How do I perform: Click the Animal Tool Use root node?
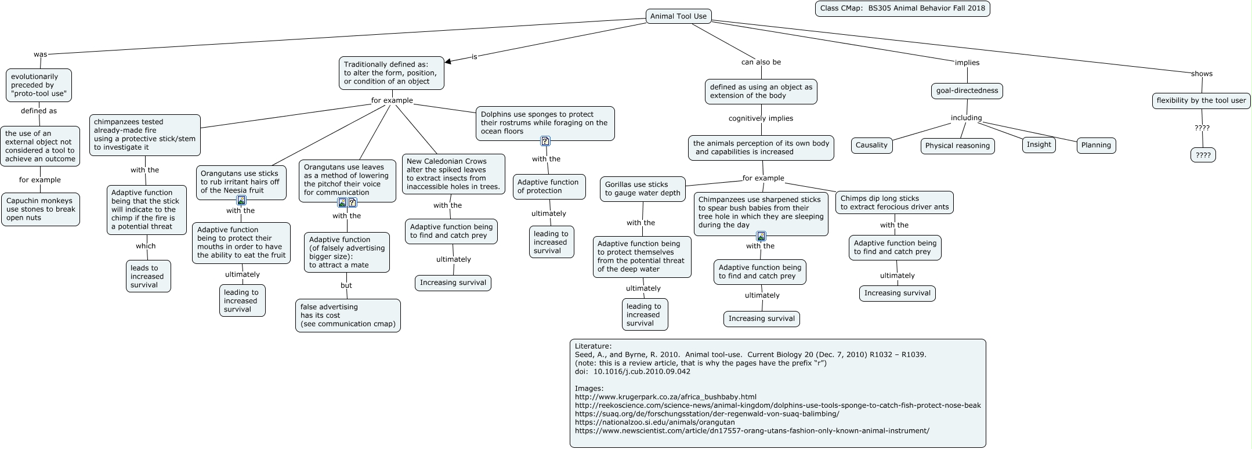[x=678, y=16]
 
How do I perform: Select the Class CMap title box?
[x=902, y=9]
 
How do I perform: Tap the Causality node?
[x=871, y=145]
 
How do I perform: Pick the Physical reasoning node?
[x=957, y=146]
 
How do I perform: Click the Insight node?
[x=1038, y=144]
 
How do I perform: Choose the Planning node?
[x=1096, y=145]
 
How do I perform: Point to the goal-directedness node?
[x=967, y=90]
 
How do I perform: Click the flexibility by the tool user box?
[x=1201, y=100]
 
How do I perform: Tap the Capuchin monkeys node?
[x=41, y=209]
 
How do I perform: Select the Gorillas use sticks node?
[x=642, y=189]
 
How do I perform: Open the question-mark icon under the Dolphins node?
[x=545, y=141]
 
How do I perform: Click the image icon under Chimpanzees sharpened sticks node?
[x=761, y=236]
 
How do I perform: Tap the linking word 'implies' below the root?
[x=967, y=63]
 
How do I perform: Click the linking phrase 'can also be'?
[x=761, y=62]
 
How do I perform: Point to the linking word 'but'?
[x=346, y=285]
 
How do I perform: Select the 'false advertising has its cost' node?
[x=348, y=316]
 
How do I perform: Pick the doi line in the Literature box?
[x=632, y=371]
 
